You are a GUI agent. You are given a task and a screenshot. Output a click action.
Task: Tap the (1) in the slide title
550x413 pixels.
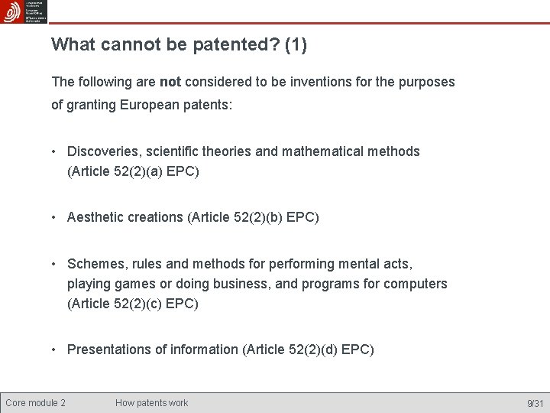pyautogui.click(x=296, y=45)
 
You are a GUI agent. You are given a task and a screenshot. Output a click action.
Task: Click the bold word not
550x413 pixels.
pyautogui.click(x=170, y=81)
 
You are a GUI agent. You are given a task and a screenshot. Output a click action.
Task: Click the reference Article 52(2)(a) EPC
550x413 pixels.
pyautogui.click(x=134, y=171)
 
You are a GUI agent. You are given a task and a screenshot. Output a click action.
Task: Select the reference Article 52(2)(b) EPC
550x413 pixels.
pyautogui.click(x=253, y=217)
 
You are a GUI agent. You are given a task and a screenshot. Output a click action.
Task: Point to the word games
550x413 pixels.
pyautogui.click(x=137, y=284)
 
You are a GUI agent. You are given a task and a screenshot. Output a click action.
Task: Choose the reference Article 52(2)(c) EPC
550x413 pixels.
pyautogui.click(x=133, y=304)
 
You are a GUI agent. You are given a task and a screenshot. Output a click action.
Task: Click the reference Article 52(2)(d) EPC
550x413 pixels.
pyautogui.click(x=308, y=350)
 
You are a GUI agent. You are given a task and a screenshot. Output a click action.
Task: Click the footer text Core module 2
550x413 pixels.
pyautogui.click(x=35, y=403)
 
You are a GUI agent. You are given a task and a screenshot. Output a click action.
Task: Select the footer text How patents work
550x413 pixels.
pyautogui.click(x=151, y=403)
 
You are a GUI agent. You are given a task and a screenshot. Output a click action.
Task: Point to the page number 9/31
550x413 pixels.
pyautogui.click(x=535, y=403)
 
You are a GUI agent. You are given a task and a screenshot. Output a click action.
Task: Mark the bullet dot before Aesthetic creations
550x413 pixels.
pyautogui.click(x=55, y=218)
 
